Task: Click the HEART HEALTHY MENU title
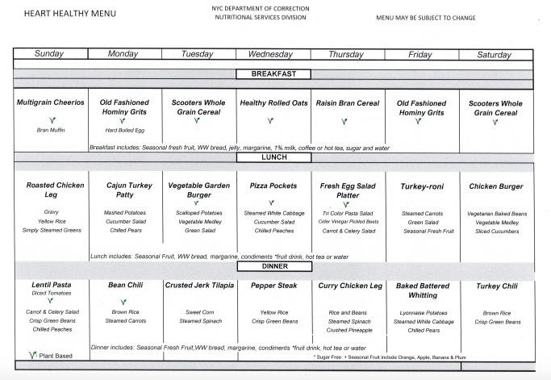coord(58,14)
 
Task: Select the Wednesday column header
coord(270,55)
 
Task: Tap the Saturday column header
coord(495,55)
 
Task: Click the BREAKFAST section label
coord(274,74)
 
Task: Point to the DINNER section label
coord(274,265)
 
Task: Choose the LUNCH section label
coord(274,157)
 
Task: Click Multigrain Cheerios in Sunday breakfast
coord(50,103)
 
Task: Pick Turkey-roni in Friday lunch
coord(421,186)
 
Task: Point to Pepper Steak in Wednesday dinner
coord(270,286)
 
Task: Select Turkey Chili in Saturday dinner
coord(495,286)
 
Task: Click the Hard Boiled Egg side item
coord(124,130)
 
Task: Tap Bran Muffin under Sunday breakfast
coord(50,130)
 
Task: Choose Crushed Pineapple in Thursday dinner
coord(349,330)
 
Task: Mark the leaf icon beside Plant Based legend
coord(33,354)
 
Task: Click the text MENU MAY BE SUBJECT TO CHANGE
coord(425,17)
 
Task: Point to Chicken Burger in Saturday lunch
coord(495,186)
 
